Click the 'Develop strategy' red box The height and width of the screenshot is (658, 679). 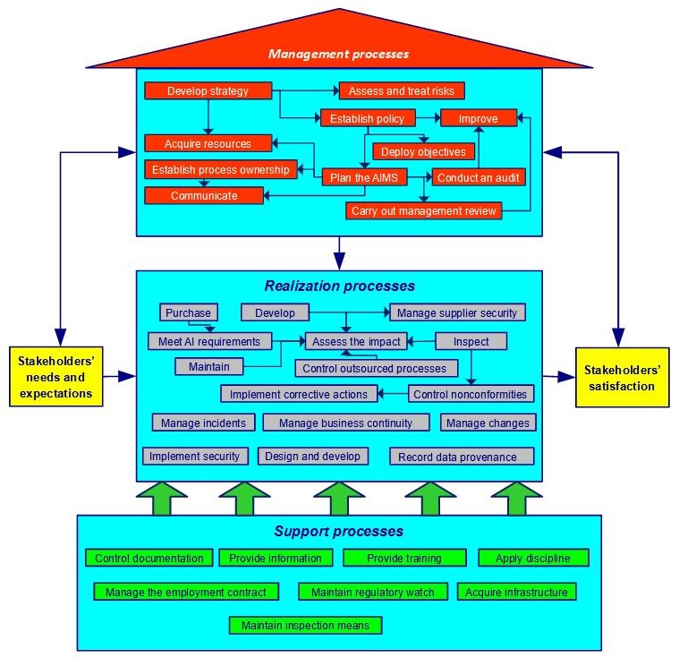208,90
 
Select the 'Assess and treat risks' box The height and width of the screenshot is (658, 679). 401,90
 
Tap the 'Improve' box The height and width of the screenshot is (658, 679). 479,118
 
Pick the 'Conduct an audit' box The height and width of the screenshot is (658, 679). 478,177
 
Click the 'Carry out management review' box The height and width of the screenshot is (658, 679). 423,211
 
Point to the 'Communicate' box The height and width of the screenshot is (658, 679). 204,195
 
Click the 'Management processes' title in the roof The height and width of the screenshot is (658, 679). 338,54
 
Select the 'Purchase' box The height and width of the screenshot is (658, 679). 189,312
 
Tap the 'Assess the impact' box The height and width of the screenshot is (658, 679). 356,341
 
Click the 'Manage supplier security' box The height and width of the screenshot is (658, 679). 456,312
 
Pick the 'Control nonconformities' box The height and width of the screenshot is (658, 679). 471,394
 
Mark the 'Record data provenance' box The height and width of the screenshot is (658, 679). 462,457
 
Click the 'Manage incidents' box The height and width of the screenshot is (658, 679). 204,423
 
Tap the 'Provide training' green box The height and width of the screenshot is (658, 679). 403,558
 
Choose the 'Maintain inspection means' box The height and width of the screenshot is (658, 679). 305,625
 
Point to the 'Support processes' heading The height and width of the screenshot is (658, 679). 338,532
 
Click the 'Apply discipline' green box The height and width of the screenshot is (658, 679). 533,558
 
